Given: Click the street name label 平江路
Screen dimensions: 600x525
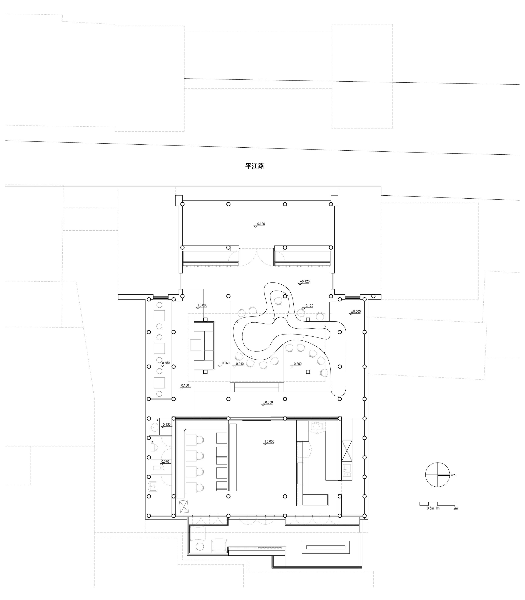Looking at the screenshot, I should coord(255,166).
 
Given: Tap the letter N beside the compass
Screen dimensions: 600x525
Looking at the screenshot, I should coord(453,475).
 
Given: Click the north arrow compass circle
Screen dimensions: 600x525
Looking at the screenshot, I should coord(437,475).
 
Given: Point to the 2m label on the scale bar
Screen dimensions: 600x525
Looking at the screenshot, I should coord(455,508).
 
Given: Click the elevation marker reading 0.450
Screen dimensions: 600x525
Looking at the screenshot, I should coord(166,363).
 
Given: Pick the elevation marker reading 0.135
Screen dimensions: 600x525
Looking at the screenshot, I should coord(166,424).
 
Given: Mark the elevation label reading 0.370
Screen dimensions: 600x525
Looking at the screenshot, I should coord(165,462).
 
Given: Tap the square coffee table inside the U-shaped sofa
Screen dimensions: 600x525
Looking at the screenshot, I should coord(195,345).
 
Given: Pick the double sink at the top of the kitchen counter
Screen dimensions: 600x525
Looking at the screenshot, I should coord(317,426).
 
